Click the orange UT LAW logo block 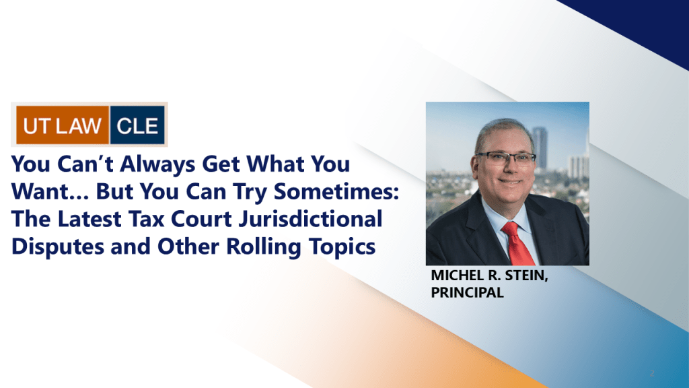[63, 125]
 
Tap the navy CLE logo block [137, 125]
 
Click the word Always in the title [157, 165]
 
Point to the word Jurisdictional [310, 219]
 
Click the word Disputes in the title [58, 247]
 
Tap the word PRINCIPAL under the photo [467, 292]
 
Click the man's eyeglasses [506, 158]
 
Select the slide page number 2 [652, 373]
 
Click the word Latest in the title [89, 219]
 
